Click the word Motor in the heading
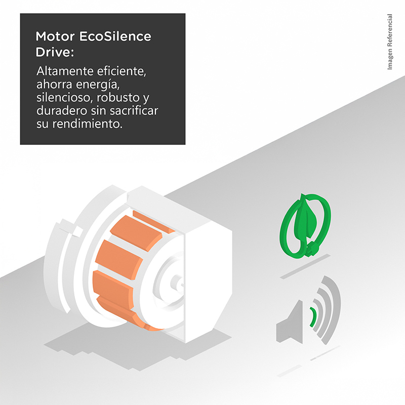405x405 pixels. click(x=55, y=36)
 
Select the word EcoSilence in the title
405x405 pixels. click(x=115, y=36)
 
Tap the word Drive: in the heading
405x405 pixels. click(x=55, y=52)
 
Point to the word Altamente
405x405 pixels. click(x=65, y=71)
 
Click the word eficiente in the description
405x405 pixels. click(x=121, y=71)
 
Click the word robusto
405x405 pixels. click(x=118, y=98)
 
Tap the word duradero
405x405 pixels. click(x=62, y=111)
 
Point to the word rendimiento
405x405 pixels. click(x=88, y=124)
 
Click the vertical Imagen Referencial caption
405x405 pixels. click(x=390, y=42)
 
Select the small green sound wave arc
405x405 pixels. click(x=313, y=317)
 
